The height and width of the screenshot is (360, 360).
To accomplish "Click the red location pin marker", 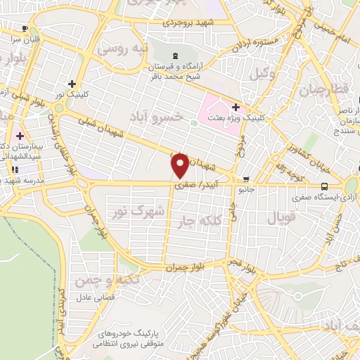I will tap(181, 166).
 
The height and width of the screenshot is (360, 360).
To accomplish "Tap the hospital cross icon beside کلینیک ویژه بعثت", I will tap(236, 108).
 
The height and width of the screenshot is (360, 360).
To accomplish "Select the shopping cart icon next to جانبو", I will tap(245, 179).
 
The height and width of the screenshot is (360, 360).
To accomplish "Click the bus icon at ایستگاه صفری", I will tap(323, 186).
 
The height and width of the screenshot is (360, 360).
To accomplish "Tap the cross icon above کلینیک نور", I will tap(72, 84).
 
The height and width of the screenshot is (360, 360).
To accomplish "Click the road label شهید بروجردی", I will tap(182, 22).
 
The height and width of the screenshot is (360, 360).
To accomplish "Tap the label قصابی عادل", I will tap(103, 298).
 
